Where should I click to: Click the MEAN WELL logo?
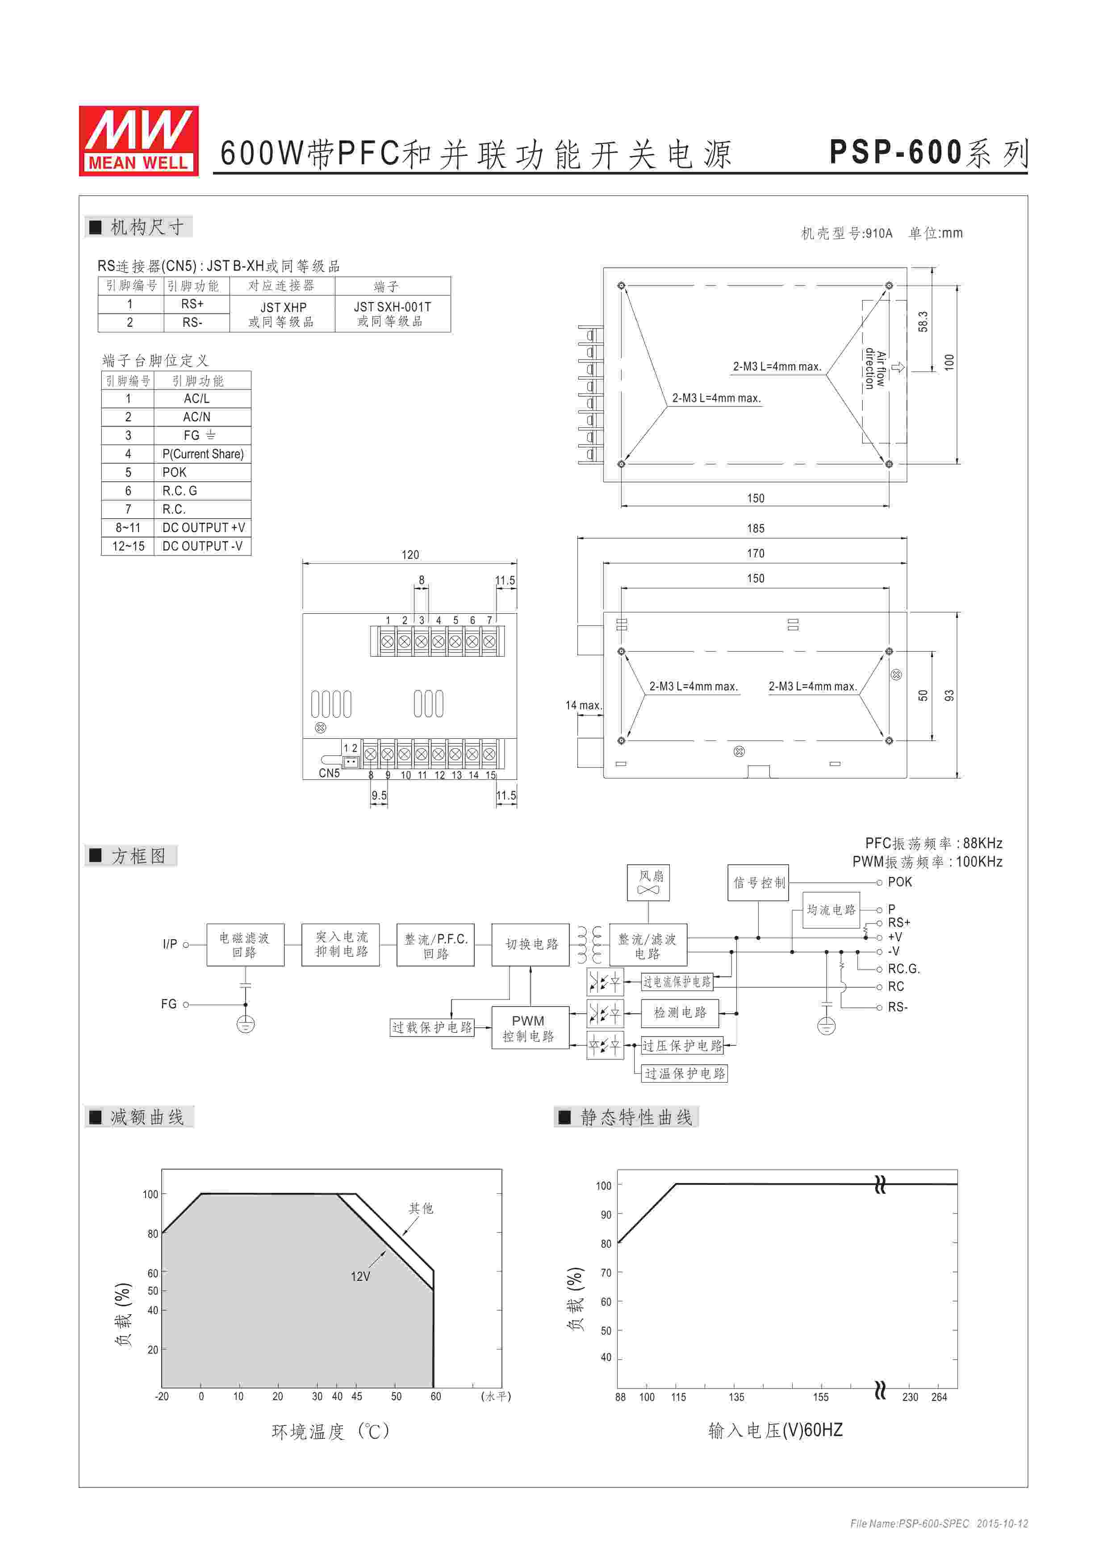coord(138,141)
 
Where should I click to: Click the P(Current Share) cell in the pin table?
coord(203,454)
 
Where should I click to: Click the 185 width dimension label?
coord(755,529)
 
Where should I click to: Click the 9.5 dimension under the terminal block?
coord(379,795)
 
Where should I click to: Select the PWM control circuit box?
coord(529,1028)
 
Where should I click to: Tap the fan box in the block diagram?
coord(648,882)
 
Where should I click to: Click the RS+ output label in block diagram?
coord(899,923)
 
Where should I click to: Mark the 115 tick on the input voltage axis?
coord(678,1397)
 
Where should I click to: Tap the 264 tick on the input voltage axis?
coord(939,1397)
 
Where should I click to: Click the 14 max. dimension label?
coord(583,705)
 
